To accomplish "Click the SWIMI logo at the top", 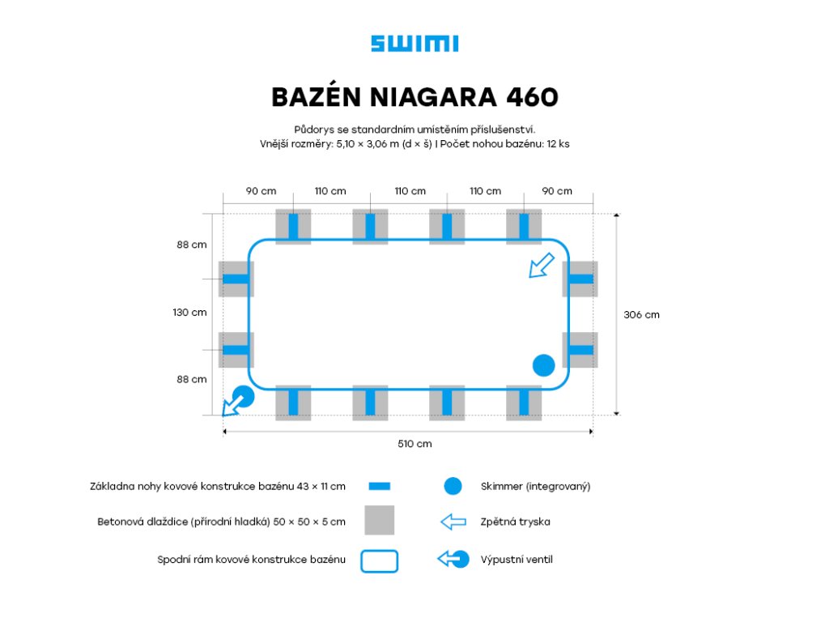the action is [414, 44].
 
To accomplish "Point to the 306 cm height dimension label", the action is [641, 314].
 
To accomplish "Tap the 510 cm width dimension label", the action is [414, 444].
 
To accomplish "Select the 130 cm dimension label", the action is [189, 312].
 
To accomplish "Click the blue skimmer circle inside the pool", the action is [543, 365].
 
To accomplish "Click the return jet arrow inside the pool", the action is [541, 265].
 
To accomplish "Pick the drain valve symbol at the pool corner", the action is [236, 400].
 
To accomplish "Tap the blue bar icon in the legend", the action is [379, 487].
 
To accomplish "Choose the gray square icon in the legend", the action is [379, 520].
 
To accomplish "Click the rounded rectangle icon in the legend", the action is [379, 560].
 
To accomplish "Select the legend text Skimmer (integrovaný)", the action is [535, 487].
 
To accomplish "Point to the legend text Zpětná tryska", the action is [515, 522].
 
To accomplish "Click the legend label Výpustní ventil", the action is [517, 560].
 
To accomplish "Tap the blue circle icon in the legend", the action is [453, 487].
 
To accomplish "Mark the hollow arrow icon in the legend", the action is [453, 522].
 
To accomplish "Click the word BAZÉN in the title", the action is [315, 97].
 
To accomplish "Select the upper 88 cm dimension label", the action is [192, 245].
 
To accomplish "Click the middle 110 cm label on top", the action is [410, 191].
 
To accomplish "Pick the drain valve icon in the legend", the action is [453, 559].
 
